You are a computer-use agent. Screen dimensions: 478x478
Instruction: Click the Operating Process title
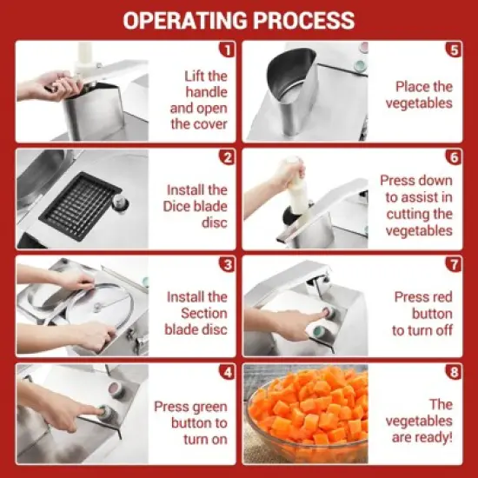point(238,20)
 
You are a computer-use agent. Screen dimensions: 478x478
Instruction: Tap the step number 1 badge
point(227,50)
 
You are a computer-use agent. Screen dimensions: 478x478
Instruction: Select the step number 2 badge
point(227,157)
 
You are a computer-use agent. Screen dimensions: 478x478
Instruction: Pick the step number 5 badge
point(453,50)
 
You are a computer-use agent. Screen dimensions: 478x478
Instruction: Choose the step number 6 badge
point(453,157)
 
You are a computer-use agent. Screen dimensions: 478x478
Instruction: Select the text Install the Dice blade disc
point(196,206)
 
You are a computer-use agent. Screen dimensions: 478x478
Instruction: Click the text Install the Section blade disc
point(196,313)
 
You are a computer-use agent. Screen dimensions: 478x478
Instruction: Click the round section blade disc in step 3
point(96,306)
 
